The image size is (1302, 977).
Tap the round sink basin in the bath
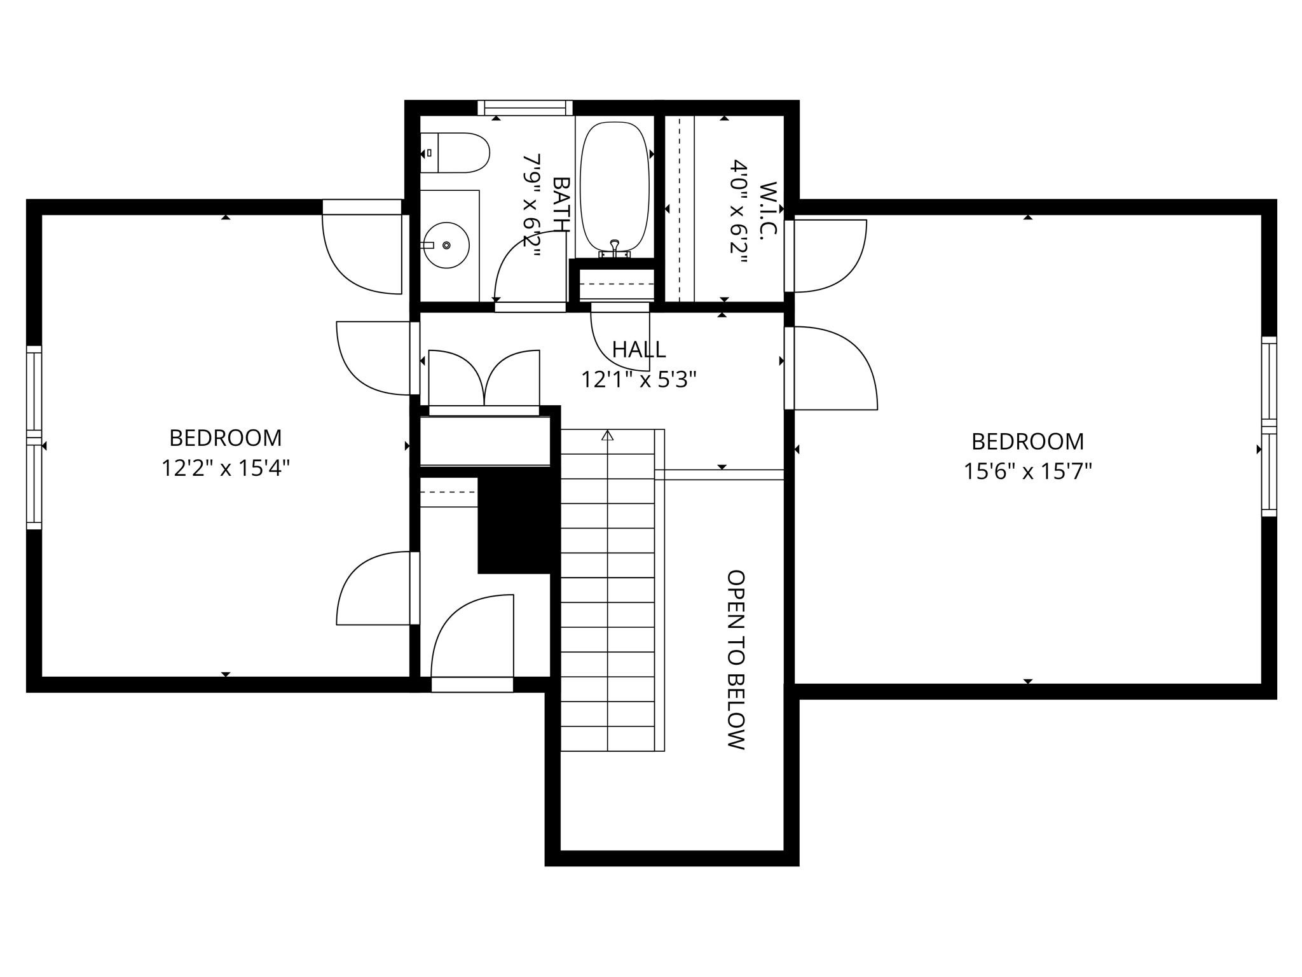pyautogui.click(x=446, y=245)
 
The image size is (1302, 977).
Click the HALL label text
pyautogui.click(x=639, y=349)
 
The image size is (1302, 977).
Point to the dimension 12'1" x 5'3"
pyautogui.click(x=639, y=380)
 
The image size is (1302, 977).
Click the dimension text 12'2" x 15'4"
pyautogui.click(x=225, y=468)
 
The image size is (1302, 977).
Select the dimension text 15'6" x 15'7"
pyautogui.click(x=1027, y=471)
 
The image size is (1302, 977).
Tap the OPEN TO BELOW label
pyautogui.click(x=736, y=660)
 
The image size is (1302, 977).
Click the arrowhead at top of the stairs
pyautogui.click(x=608, y=436)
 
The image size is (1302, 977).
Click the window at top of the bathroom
pyautogui.click(x=525, y=107)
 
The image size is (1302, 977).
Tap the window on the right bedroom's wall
pyautogui.click(x=1268, y=426)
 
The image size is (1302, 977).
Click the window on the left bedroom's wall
pyautogui.click(x=34, y=438)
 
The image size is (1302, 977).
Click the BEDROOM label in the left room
pyautogui.click(x=225, y=438)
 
